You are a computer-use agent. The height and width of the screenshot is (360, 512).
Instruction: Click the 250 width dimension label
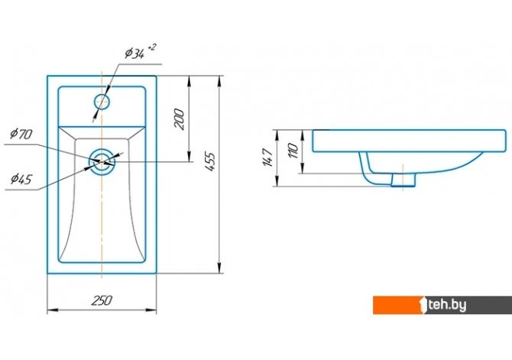click(x=102, y=300)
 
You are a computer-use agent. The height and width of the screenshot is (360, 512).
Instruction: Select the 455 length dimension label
click(x=210, y=161)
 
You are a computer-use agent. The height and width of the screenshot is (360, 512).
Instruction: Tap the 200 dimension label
click(x=180, y=119)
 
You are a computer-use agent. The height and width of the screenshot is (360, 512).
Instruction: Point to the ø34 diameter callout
click(x=134, y=54)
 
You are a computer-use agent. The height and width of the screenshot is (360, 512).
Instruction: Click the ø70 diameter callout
click(x=21, y=134)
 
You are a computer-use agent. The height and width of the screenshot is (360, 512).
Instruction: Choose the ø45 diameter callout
click(x=21, y=179)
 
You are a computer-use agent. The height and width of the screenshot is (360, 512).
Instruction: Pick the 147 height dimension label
click(x=267, y=157)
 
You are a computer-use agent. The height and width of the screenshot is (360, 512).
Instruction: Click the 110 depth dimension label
click(x=293, y=151)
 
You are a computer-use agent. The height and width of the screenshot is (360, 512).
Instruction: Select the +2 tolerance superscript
click(x=152, y=47)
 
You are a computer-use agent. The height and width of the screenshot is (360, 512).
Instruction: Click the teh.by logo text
click(x=448, y=305)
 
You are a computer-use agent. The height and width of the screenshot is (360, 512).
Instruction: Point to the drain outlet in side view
click(x=403, y=180)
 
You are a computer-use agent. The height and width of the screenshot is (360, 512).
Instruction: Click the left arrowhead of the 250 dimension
click(x=52, y=310)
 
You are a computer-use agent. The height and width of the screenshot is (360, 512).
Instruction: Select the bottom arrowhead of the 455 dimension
click(x=221, y=268)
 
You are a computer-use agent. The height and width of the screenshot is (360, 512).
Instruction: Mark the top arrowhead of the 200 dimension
click(x=189, y=81)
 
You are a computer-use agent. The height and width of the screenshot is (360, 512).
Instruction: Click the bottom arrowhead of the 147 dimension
click(x=277, y=182)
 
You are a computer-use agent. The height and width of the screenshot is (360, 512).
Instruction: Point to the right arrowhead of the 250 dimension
click(x=151, y=310)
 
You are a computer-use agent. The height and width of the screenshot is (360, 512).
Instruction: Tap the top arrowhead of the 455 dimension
click(x=221, y=81)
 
